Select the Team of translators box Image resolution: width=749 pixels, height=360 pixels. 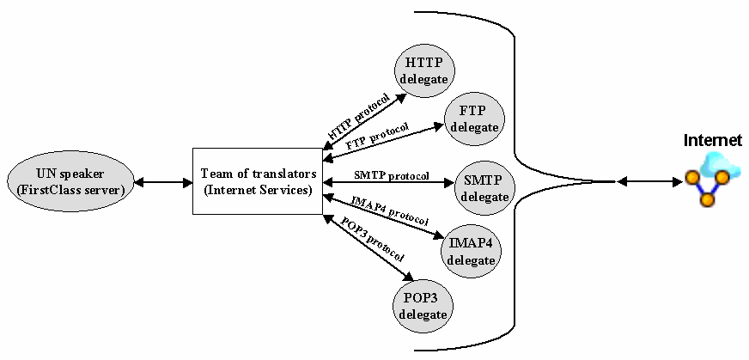(257, 181)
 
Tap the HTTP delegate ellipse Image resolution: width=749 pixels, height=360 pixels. (423, 70)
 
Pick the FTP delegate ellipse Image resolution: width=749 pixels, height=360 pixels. (474, 119)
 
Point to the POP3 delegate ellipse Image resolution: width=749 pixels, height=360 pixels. (423, 304)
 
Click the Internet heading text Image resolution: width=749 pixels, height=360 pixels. (712, 140)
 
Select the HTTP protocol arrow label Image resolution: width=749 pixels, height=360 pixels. (359, 117)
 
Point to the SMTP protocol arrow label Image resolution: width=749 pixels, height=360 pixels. (391, 175)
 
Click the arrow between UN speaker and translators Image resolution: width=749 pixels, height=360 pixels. (165, 182)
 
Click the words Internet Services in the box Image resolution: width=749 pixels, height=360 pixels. (257, 190)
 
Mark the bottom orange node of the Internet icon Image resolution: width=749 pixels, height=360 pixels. (707, 200)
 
